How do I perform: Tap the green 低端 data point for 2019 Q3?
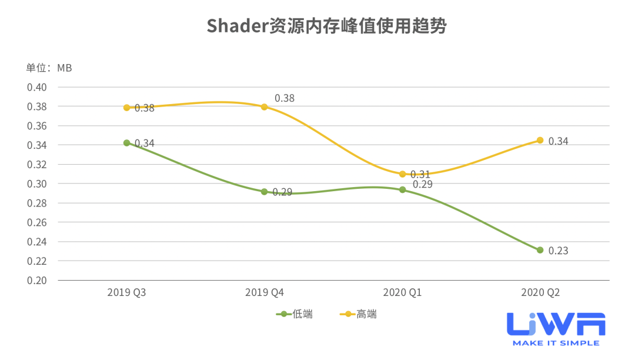[x=126, y=143]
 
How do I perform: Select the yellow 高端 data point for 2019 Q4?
[x=265, y=107]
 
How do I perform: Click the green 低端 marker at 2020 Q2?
[x=540, y=250]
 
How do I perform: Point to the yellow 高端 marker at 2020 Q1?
[x=402, y=174]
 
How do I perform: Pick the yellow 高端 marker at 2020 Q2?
[x=540, y=141]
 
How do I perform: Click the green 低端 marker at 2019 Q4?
[x=265, y=192]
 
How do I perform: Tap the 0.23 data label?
[x=558, y=251]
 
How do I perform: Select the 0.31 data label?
[x=420, y=174]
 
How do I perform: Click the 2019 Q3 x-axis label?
[x=126, y=292]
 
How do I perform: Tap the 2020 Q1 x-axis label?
[x=402, y=292]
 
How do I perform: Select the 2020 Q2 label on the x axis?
[x=540, y=292]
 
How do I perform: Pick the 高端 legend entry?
[x=359, y=314]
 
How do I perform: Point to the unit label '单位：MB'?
[x=49, y=68]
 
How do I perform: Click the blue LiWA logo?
[x=556, y=325]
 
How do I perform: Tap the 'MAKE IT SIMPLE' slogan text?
[x=556, y=343]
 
